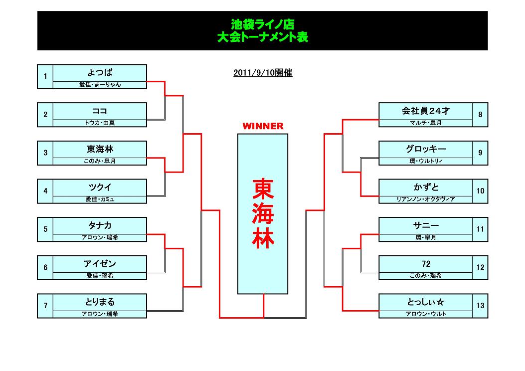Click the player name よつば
(100, 72)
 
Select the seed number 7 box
(45, 306)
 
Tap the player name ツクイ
(100, 187)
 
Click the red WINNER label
(263, 126)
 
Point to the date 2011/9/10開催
(263, 73)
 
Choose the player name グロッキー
(426, 149)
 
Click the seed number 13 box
(480, 306)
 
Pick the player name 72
(426, 264)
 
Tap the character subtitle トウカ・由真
(100, 123)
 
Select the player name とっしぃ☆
(426, 302)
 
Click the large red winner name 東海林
(263, 213)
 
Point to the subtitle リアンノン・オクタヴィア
(426, 199)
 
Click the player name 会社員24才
(426, 111)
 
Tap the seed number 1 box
(45, 76)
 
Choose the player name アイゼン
(100, 264)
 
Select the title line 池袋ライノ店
(263, 24)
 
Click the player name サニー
(426, 225)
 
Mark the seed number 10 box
(480, 191)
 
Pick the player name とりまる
(100, 302)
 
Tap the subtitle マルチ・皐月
(426, 123)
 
